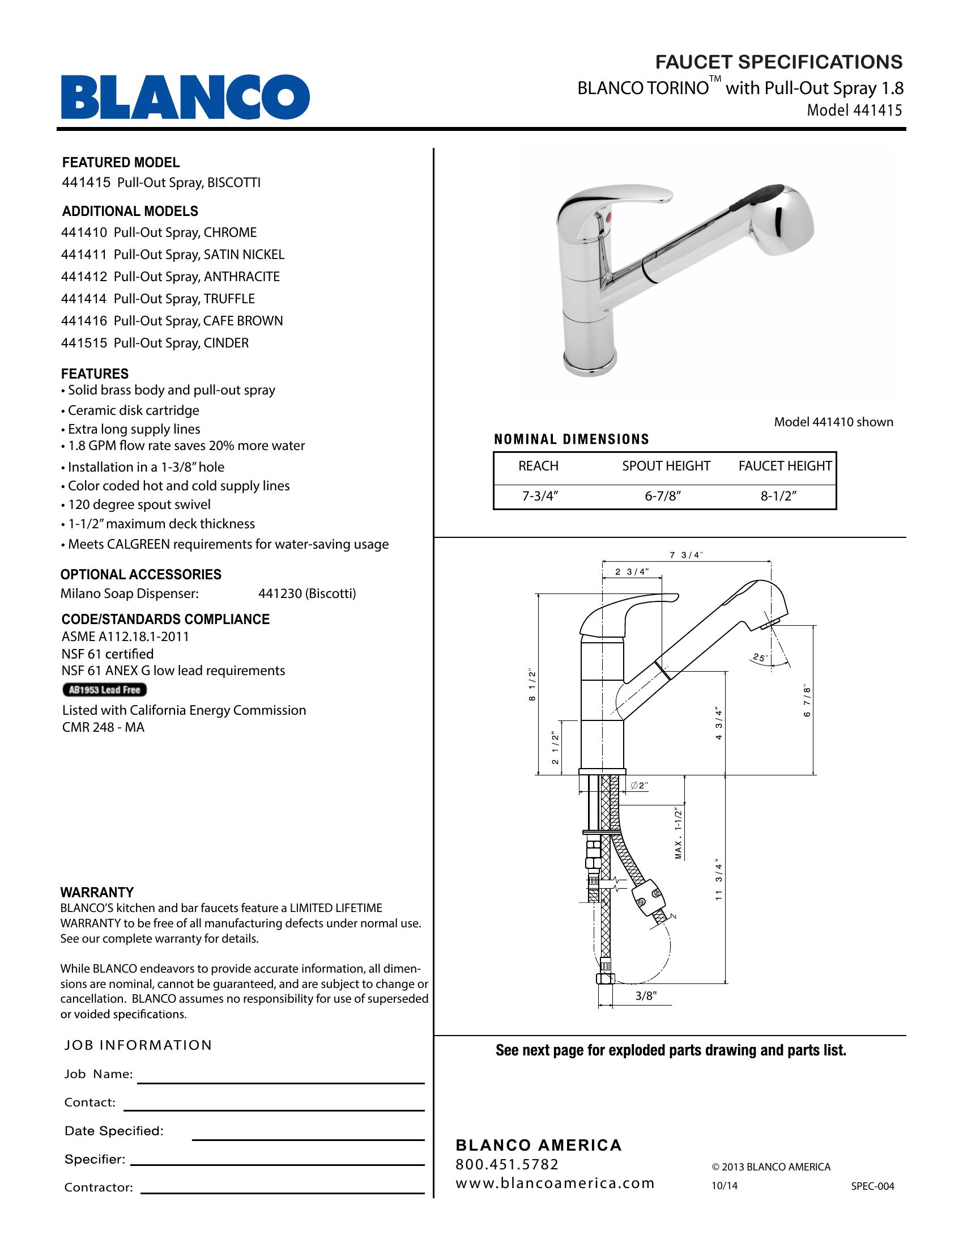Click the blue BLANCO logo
coord(185,97)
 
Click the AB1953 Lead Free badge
coord(104,690)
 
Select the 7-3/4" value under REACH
coord(539,496)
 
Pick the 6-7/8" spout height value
coord(663,496)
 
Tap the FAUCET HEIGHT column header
coord(785,466)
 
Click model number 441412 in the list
coord(84,277)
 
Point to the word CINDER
coord(226,343)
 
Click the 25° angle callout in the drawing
coord(759,658)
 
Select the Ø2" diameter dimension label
coord(640,785)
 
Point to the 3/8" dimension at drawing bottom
coord(646,996)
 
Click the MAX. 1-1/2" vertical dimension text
coord(678,833)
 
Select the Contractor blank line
coord(283,1193)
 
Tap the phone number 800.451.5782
coord(507,1164)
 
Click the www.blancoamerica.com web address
coord(555,1183)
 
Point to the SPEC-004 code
coord(872,1186)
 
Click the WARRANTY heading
coord(97,892)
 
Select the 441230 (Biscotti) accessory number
coord(307,594)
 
